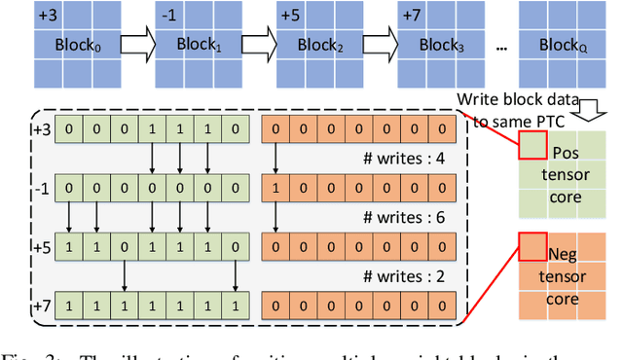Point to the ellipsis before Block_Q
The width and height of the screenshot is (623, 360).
click(x=499, y=49)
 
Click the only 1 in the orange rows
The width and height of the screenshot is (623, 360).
click(x=275, y=186)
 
